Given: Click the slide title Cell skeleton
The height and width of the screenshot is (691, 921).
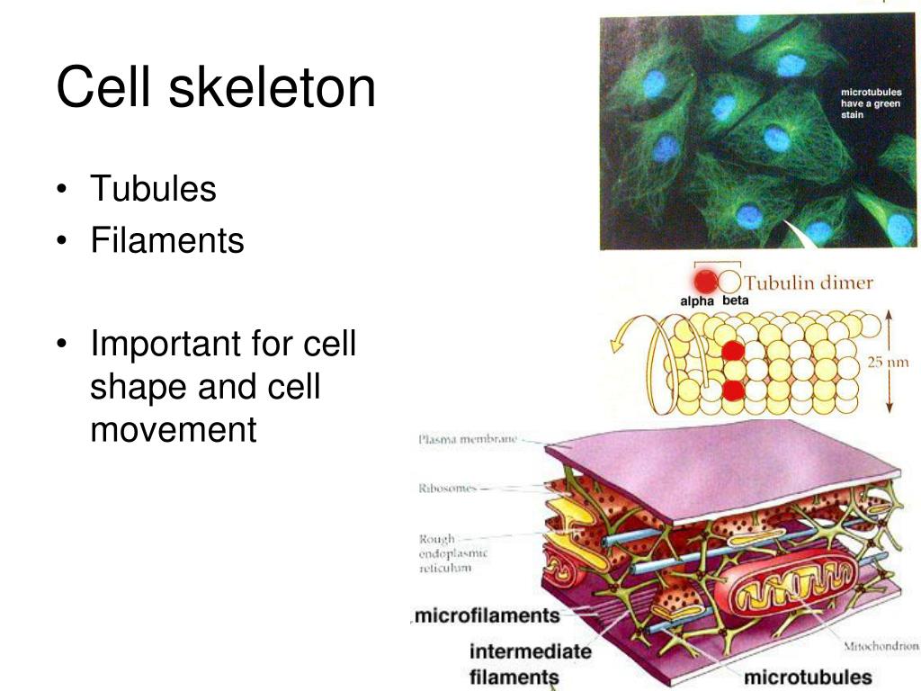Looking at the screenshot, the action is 216,87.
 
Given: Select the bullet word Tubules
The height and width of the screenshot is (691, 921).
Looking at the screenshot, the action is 153,188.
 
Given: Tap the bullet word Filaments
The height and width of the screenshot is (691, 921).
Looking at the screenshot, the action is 166,239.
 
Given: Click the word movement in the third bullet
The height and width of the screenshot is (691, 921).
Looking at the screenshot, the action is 174,429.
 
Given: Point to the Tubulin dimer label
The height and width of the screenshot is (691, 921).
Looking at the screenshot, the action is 809,283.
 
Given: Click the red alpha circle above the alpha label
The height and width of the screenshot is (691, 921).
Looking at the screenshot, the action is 705,282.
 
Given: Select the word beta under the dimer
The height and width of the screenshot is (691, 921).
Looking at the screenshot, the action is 736,301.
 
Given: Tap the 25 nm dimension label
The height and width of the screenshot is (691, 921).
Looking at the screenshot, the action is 888,362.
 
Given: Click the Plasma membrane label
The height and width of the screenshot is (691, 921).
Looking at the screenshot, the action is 468,439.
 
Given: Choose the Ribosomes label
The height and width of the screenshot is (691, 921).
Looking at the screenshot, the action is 447,488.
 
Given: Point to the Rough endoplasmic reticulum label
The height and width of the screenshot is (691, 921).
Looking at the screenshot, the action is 453,553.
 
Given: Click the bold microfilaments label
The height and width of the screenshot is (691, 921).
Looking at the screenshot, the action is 487,615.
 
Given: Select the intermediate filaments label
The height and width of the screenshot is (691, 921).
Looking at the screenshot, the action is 530,663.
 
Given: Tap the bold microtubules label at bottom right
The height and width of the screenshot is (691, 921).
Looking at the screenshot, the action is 808,677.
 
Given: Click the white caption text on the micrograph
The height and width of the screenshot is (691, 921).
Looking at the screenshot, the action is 871,103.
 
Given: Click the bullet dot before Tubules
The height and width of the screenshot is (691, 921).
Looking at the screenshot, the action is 62,189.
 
